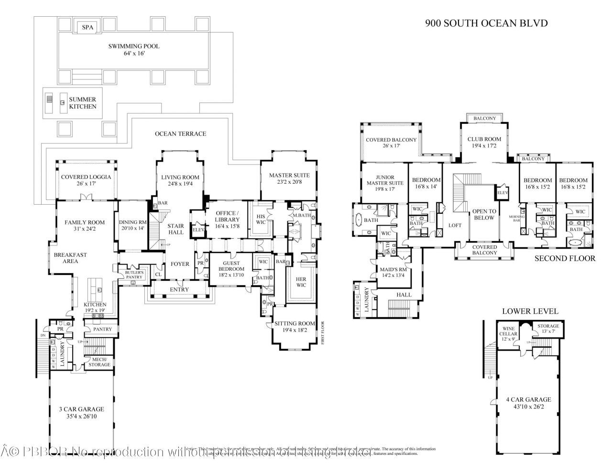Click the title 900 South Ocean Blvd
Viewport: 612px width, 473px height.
point(480,23)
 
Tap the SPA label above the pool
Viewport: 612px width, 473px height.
point(87,28)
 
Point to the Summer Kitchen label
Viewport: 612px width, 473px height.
point(82,103)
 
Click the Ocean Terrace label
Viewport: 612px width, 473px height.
point(180,133)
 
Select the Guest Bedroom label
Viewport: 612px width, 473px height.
point(231,266)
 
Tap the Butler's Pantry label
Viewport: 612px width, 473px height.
point(134,274)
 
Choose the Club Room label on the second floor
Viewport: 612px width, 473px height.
point(484,139)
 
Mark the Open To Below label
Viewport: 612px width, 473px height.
point(483,214)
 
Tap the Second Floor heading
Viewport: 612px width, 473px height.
point(565,258)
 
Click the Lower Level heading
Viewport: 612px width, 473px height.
point(530,311)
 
